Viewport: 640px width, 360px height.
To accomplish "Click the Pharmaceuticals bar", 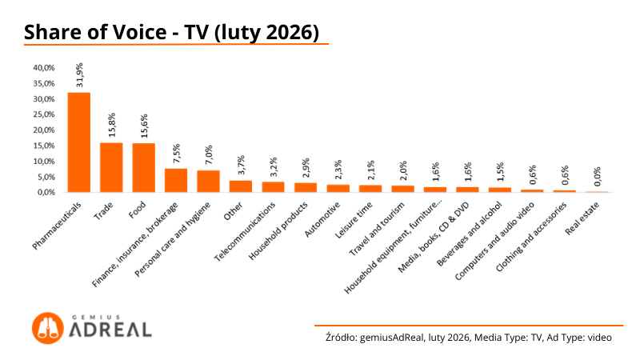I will [78, 142].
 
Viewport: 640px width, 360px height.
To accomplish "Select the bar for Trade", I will [111, 167].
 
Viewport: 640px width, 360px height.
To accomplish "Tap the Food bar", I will [143, 167].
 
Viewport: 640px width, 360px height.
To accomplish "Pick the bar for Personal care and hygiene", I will [208, 181].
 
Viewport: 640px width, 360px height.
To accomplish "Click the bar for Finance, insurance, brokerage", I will [176, 180].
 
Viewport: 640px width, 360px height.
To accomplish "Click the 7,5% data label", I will [176, 153].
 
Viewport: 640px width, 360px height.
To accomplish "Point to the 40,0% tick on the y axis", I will [43, 68].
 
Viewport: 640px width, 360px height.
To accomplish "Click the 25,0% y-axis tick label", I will [43, 114].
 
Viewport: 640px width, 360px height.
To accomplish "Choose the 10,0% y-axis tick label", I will [43, 161].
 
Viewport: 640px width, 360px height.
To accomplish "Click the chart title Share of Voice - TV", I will [172, 32].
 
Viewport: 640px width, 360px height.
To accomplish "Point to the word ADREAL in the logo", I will [109, 329].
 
